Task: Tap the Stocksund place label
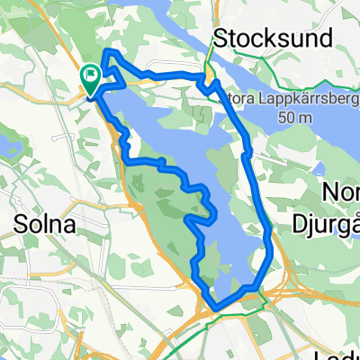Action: tap(260, 37)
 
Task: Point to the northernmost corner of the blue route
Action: tap(108, 51)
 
